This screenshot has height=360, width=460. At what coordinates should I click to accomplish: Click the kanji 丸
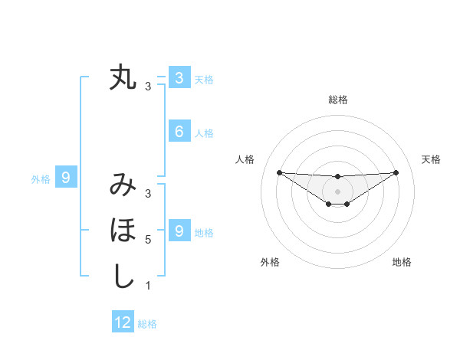[x=123, y=77]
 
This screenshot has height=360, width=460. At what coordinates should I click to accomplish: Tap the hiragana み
[x=123, y=185]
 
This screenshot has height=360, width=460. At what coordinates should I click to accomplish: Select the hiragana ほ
[x=123, y=230]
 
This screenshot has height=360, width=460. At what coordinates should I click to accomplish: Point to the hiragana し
[x=123, y=276]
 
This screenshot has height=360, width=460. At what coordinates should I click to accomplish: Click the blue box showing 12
[x=123, y=322]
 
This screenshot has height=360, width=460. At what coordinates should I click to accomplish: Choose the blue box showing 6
[x=179, y=132]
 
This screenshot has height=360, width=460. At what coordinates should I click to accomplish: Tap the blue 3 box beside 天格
[x=179, y=77]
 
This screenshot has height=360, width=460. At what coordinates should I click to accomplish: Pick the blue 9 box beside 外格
[x=66, y=178]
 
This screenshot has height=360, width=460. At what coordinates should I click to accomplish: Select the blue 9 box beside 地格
[x=179, y=231]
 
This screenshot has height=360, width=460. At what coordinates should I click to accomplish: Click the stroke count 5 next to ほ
[x=148, y=240]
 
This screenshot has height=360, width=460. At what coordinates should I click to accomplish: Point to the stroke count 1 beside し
[x=148, y=286]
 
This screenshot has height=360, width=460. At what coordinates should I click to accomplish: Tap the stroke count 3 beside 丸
[x=148, y=87]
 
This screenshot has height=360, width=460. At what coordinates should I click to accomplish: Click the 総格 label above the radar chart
[x=337, y=100]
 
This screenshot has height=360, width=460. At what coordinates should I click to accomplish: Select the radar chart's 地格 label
[x=402, y=263]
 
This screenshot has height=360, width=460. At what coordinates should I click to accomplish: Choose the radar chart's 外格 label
[x=270, y=263]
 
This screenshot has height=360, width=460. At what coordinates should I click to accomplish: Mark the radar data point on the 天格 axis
[x=396, y=172]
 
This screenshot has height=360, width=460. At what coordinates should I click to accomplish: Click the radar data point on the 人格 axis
[x=279, y=172]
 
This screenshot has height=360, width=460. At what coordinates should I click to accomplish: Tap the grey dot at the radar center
[x=337, y=191]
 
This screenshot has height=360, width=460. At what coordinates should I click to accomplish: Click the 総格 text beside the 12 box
[x=147, y=324]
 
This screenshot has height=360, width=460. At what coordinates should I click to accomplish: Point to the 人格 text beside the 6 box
[x=204, y=133]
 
